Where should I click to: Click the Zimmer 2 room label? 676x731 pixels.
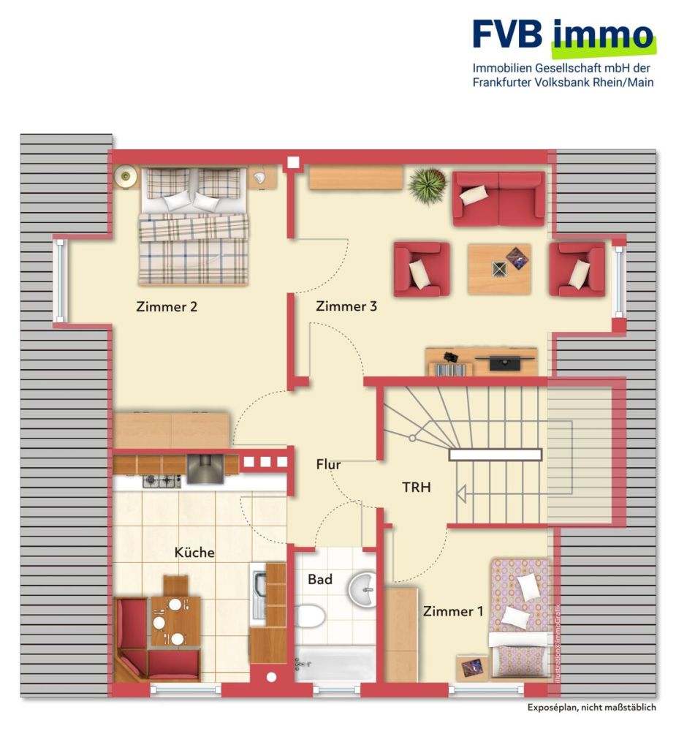[167, 307]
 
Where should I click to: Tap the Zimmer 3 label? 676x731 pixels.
[346, 307]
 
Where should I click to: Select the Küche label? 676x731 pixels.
[194, 553]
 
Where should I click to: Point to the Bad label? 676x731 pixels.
[319, 580]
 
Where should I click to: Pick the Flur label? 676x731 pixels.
[328, 464]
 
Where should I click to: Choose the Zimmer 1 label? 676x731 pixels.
[453, 612]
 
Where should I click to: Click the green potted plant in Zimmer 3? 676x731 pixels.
[427, 185]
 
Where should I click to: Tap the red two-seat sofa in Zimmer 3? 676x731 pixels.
[498, 198]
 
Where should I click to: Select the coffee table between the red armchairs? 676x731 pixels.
[499, 268]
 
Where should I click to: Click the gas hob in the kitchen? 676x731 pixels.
[162, 481]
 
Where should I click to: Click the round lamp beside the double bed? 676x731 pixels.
[126, 175]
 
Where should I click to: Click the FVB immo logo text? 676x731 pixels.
[562, 34]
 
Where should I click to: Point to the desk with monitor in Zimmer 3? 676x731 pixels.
[482, 362]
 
